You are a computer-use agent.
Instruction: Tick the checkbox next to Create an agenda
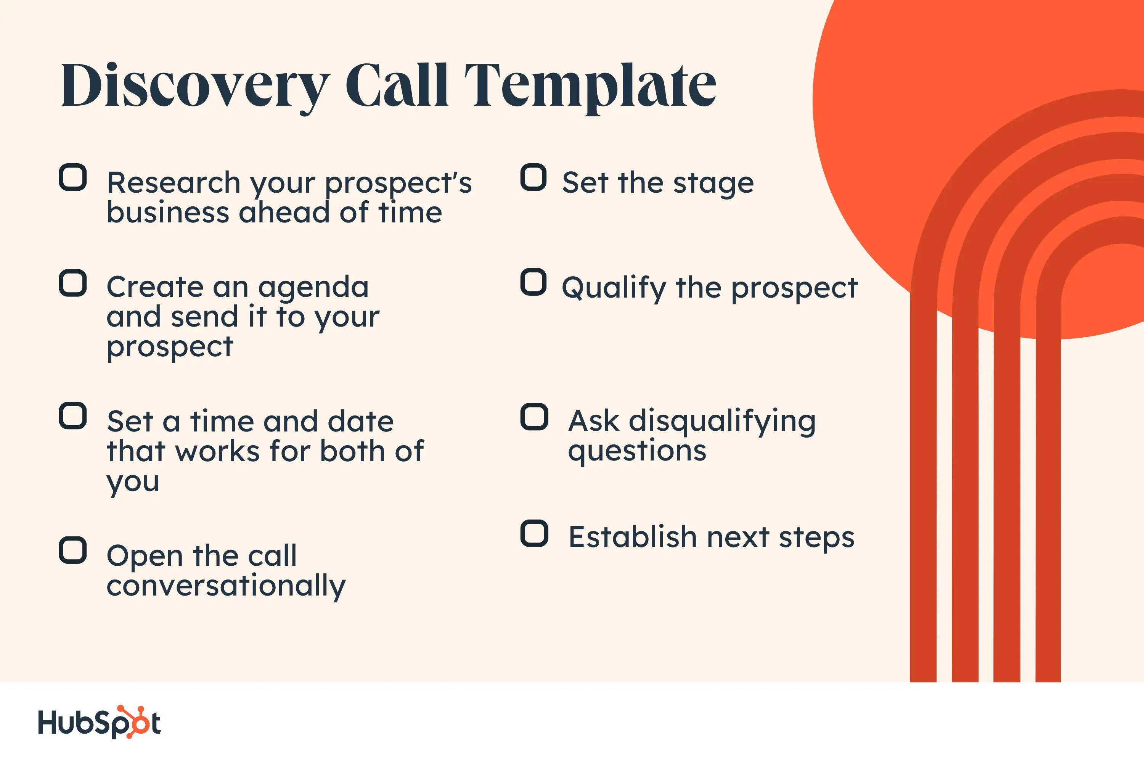[x=73, y=283]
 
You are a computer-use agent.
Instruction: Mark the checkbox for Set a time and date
[x=73, y=415]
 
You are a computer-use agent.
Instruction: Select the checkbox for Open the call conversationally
[x=73, y=551]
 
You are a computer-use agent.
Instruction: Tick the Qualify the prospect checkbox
[x=533, y=282]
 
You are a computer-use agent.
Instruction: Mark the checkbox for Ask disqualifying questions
[x=534, y=417]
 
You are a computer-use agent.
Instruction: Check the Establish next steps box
[x=534, y=533]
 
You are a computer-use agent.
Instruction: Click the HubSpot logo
[x=99, y=722]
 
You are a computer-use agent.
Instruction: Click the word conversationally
[x=226, y=586]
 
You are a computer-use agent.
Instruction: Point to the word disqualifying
[x=722, y=422]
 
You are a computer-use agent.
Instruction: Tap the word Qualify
[x=614, y=288]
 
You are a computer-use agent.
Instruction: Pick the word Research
[x=174, y=183]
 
